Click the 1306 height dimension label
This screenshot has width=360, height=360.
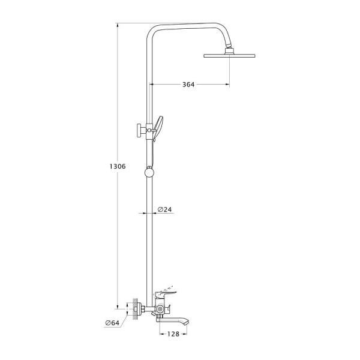[118, 166]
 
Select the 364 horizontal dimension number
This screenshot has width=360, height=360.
[188, 85]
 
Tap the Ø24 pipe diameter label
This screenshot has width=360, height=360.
[165, 209]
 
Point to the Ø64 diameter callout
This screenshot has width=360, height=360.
[112, 323]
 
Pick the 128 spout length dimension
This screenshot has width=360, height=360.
[173, 334]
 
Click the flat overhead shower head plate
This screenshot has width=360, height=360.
[229, 56]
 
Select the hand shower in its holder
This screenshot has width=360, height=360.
[158, 127]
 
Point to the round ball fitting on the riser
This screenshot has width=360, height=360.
[149, 172]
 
